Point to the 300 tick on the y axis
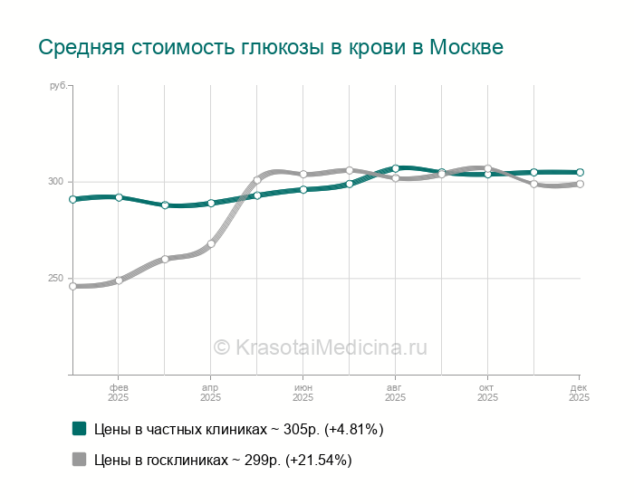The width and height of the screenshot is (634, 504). coord(56,182)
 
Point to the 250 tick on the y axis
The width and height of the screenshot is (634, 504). coord(56,279)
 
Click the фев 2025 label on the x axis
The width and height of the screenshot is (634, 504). coord(119,392)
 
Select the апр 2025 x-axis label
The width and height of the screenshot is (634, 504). coord(210,392)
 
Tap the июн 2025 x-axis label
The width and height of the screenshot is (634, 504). coord(303,392)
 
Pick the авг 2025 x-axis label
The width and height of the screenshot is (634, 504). coord(395,392)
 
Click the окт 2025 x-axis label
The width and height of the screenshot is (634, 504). coord(487,392)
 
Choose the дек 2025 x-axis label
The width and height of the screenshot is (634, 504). coord(579,392)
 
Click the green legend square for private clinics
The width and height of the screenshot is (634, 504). coord(80,429)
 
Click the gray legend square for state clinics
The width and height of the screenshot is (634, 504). coord(80,460)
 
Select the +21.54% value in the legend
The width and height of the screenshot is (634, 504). coord(318,461)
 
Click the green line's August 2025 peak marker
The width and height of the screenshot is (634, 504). coord(396,168)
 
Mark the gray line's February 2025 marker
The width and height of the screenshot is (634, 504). coord(119,281)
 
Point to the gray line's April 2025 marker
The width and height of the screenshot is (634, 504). coord(211,243)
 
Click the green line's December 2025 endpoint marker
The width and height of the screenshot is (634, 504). coord(580,172)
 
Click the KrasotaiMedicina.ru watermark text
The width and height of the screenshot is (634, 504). coord(320,347)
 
